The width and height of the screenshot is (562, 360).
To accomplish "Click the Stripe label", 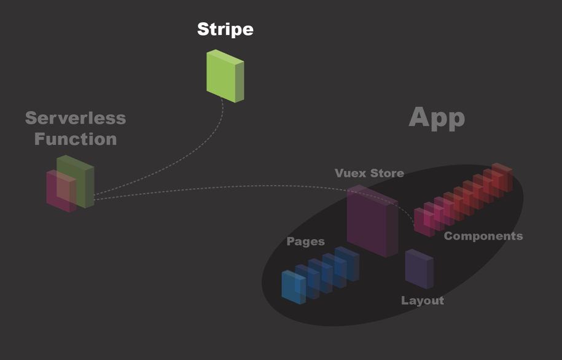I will click(x=225, y=29).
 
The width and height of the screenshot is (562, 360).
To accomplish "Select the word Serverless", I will click(x=75, y=118).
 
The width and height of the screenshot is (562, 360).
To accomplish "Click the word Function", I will click(x=75, y=139).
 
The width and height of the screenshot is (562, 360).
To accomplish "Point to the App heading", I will click(x=437, y=117).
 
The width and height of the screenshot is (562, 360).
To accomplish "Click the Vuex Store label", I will click(x=369, y=173).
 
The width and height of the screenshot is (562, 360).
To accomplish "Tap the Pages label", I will click(x=305, y=241).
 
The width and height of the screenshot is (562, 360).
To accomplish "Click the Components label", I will click(x=483, y=236).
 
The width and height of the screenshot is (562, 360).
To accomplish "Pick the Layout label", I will click(x=422, y=300).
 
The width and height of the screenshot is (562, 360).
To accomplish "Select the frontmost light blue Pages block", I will click(x=292, y=287).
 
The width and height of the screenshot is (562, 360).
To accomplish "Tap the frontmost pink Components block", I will click(x=423, y=222).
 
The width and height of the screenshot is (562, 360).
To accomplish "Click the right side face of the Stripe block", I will click(x=240, y=81).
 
